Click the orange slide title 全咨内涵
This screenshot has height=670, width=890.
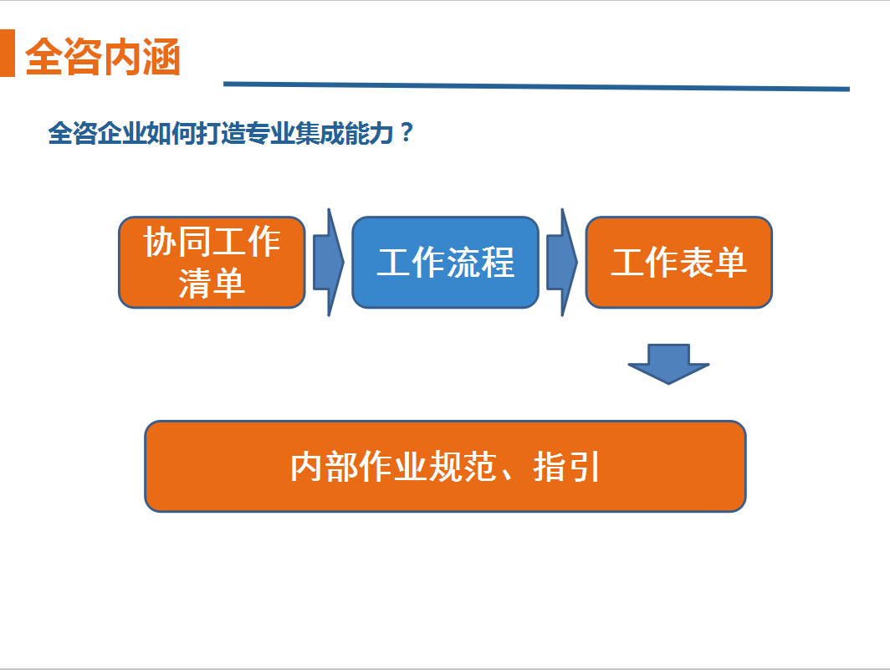click(103, 57)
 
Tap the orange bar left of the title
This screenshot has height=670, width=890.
click(7, 53)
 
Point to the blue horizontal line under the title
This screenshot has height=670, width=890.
click(536, 86)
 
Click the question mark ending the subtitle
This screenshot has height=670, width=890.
click(406, 132)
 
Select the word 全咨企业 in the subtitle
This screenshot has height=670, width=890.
click(96, 134)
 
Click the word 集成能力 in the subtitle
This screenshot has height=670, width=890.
click(344, 134)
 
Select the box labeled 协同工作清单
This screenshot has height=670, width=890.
click(212, 263)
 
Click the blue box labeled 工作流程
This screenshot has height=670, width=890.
click(446, 263)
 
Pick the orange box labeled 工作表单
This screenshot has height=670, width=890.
click(679, 263)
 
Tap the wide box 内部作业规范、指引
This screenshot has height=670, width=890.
click(445, 466)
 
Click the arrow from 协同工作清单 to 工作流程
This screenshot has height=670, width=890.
click(329, 263)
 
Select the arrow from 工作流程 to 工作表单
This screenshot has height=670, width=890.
click(562, 263)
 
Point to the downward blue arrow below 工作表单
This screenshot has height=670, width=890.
click(668, 364)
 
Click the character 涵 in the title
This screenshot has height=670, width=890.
click(161, 57)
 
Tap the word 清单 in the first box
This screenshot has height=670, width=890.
click(212, 284)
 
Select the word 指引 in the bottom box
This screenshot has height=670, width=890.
click(566, 467)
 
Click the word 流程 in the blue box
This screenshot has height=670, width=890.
click(480, 263)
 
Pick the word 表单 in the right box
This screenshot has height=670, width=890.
click(713, 263)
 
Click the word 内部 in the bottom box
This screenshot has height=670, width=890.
click(324, 467)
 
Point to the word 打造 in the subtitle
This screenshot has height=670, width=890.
click(220, 134)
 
